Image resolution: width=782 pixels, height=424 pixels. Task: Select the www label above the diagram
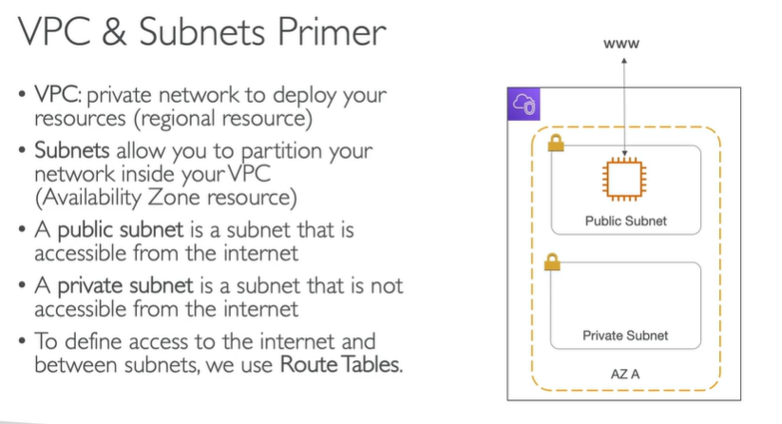click(624, 44)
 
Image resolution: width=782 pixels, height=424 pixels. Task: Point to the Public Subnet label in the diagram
click(625, 221)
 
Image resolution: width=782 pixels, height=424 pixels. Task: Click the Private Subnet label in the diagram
click(625, 336)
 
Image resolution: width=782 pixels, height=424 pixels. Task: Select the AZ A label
click(624, 374)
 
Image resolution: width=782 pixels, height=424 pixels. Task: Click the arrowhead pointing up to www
click(624, 61)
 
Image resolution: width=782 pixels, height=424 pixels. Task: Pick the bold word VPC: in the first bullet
click(62, 96)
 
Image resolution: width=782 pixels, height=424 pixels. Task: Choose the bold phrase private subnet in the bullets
click(129, 285)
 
